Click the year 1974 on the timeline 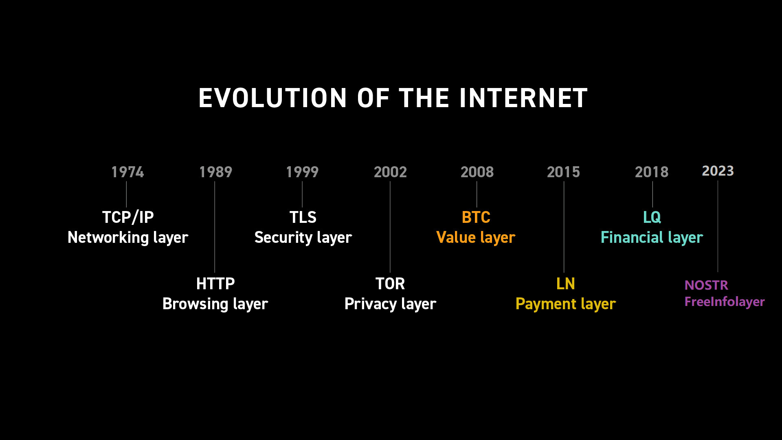127,172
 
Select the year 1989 215,172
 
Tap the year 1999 302,172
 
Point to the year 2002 390,172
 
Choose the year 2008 477,172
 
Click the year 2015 563,172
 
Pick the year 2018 652,172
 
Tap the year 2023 718,171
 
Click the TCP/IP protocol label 128,218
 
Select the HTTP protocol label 215,284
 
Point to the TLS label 303,217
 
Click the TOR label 390,284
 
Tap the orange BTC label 476,217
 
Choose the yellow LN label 566,284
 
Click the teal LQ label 652,218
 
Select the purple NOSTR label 706,285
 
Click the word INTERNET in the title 523,98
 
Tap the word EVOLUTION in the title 272,98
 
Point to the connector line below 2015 564,227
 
